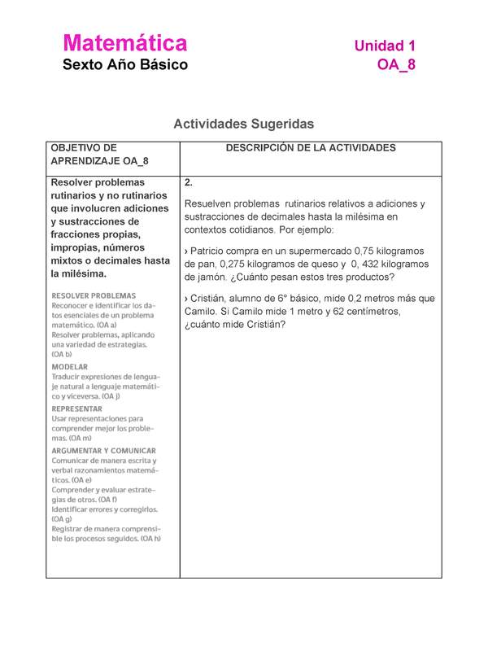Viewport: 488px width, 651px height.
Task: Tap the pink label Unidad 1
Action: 385,46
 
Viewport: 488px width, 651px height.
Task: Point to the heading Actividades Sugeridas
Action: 243,125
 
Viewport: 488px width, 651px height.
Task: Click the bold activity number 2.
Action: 189,182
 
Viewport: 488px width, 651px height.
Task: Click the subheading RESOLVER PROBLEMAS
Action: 94,295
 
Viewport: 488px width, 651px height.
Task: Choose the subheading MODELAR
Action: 70,367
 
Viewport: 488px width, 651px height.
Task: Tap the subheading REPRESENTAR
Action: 77,409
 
